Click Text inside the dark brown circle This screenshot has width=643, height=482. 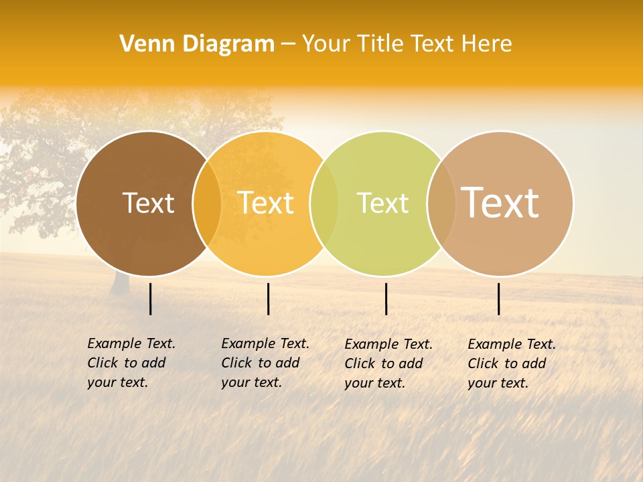coord(148,203)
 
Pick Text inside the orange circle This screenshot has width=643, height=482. coord(266,203)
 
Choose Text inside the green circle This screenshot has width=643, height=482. coord(382,203)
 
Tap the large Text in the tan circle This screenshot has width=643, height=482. coord(500,203)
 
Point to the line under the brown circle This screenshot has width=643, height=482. coord(150,299)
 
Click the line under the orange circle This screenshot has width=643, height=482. coord(268,299)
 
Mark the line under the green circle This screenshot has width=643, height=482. coord(386,299)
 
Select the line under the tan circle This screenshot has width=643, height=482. coord(498,299)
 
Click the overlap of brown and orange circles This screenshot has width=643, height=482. coord(207,203)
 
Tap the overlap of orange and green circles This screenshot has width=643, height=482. coord(324,203)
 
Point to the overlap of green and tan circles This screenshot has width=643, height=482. coord(441,203)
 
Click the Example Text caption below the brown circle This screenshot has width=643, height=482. coord(131,363)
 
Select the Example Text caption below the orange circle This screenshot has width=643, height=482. coord(265,363)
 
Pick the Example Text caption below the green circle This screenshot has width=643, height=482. coord(388,364)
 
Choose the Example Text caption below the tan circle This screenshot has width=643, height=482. coord(512,364)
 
